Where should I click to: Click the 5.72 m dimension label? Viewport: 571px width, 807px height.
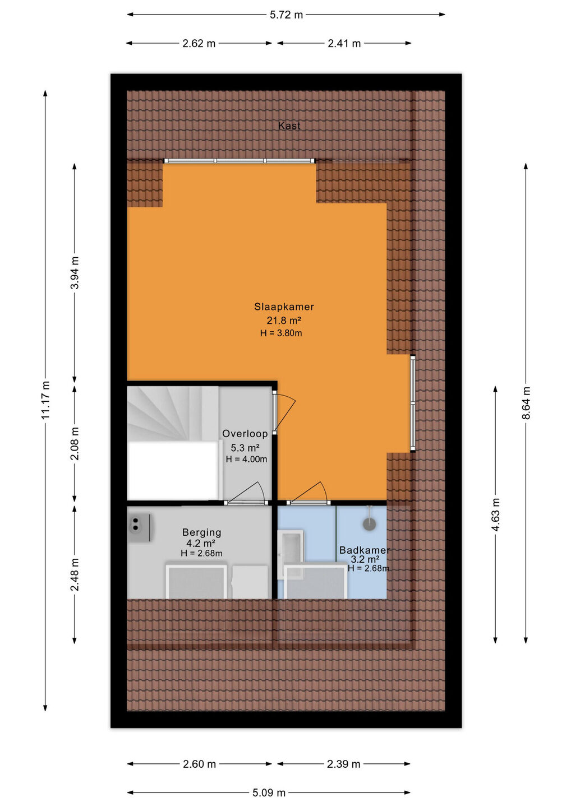coord(286,15)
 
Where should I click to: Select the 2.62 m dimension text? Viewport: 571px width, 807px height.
coord(199,44)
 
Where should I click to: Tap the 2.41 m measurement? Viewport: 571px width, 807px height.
coord(344,44)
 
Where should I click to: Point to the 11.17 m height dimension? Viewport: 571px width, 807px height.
coord(45,400)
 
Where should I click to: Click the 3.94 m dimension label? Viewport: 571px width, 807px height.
coord(75,273)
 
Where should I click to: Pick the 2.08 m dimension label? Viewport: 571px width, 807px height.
coord(75,444)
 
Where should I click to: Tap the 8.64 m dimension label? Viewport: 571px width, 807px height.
coord(526,403)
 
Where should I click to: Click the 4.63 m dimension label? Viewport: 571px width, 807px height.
coord(496,514)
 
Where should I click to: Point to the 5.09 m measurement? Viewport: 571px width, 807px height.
coord(269,792)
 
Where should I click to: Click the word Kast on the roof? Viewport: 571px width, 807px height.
coord(289,126)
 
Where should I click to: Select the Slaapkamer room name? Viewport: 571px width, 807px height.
coord(284,307)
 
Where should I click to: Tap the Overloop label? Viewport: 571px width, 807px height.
coord(245,434)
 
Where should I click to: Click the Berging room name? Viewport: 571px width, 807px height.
coord(201,532)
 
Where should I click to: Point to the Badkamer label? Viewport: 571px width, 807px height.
coord(365,550)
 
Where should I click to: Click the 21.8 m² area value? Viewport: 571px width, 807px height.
coord(284,321)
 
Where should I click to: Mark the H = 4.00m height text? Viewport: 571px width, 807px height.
coord(247,459)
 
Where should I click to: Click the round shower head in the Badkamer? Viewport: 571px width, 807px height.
coord(369,524)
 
